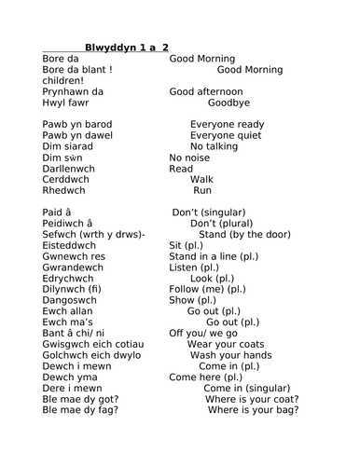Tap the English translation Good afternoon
(x=206, y=92)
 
